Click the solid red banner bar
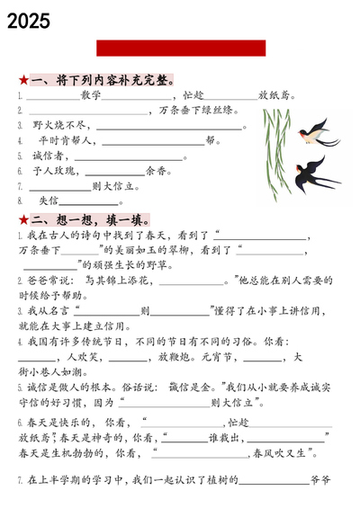point(181,49)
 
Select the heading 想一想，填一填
point(91,219)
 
